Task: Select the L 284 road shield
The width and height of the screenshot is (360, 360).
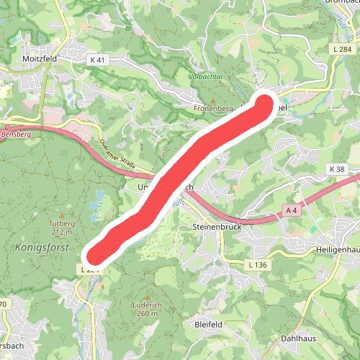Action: coord(341,48)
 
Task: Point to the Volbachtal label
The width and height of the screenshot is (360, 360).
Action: coord(203,75)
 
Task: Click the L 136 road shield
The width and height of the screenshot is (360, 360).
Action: coord(257,266)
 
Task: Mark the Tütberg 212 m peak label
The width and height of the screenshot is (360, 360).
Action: coord(63,228)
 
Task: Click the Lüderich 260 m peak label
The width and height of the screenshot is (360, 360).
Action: coord(147,309)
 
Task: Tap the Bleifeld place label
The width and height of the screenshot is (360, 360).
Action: coord(209,325)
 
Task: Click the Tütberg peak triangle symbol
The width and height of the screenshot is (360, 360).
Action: coord(63,215)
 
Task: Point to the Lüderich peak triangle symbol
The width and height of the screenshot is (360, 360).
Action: coord(147,297)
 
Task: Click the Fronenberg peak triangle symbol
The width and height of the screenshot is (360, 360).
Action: coord(214,99)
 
